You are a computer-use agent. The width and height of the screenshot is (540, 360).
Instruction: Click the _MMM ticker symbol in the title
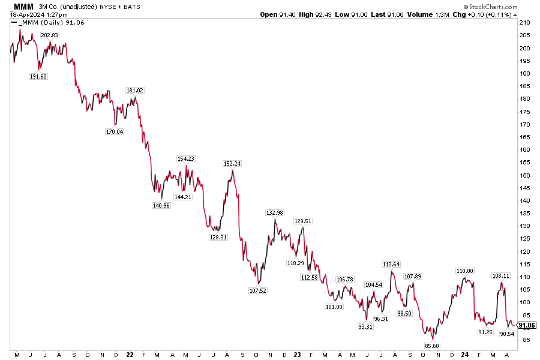click(22, 6)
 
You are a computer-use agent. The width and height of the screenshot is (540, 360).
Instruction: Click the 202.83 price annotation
click(49, 35)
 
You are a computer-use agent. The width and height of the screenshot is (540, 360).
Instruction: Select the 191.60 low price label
click(38, 77)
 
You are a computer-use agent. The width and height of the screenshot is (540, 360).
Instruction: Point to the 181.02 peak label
click(134, 90)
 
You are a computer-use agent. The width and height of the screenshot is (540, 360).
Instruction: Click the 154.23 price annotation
click(186, 159)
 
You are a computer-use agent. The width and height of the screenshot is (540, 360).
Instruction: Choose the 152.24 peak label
click(232, 164)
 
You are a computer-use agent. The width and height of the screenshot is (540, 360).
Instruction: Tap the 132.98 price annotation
click(275, 213)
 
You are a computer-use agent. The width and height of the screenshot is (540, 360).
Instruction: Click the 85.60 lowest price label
click(432, 346)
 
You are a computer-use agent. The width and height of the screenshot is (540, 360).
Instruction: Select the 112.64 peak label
click(391, 265)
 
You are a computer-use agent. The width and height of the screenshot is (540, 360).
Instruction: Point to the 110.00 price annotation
click(464, 271)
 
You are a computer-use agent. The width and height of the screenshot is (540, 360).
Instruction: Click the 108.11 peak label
click(501, 276)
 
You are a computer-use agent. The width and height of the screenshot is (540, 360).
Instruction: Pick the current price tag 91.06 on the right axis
click(526, 326)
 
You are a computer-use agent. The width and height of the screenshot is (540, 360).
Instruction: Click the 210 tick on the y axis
click(524, 23)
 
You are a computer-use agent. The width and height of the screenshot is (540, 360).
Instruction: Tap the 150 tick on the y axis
click(524, 175)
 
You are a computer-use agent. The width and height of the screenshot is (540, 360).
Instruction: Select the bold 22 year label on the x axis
click(130, 355)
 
